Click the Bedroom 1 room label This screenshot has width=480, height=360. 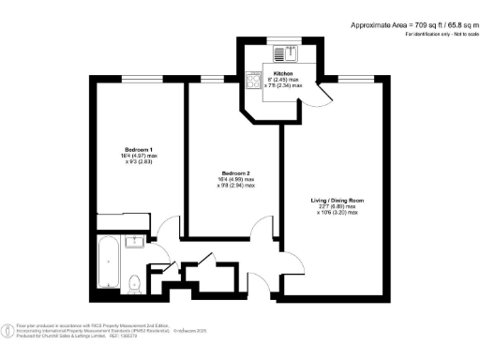click(x=139, y=150)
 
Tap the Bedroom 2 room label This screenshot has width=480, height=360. click(x=234, y=172)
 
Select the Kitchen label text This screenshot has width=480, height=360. click(x=283, y=72)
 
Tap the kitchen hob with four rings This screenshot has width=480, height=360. click(x=253, y=82)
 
